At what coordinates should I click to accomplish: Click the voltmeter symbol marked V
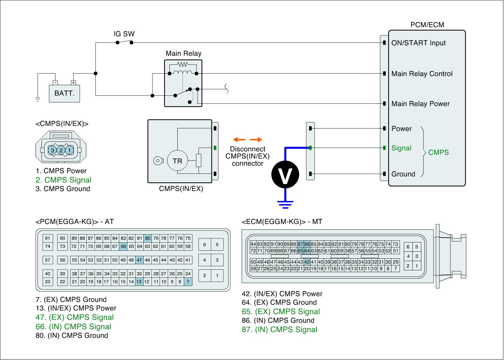(285, 175)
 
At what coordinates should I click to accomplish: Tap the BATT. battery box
(65, 94)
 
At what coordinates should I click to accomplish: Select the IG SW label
(124, 34)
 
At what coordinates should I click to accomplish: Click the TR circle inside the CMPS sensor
(177, 161)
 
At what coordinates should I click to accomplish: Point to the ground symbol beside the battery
(38, 100)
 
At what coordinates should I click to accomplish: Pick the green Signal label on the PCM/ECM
(401, 148)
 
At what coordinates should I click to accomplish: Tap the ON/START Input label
(418, 43)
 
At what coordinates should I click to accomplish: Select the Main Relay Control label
(422, 74)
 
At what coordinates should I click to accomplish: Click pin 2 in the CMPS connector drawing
(61, 151)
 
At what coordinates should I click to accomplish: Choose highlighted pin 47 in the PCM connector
(139, 260)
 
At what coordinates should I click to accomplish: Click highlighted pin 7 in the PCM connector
(188, 282)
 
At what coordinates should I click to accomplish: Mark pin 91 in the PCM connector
(48, 238)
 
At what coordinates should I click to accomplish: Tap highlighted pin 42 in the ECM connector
(307, 262)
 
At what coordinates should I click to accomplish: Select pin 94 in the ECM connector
(253, 244)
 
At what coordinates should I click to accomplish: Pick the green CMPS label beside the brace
(438, 152)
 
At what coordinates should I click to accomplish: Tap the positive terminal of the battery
(73, 83)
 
